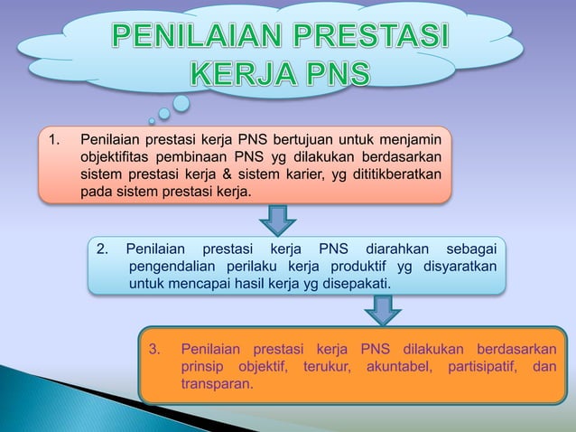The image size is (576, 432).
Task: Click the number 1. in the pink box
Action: coord(57,139)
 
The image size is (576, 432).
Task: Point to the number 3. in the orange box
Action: coord(154,349)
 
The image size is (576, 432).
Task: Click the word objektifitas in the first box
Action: coord(116,157)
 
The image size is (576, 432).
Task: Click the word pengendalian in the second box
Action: coord(169,267)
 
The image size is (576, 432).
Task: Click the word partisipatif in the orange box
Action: coord(484,367)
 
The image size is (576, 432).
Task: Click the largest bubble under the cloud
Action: coord(181,103)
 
